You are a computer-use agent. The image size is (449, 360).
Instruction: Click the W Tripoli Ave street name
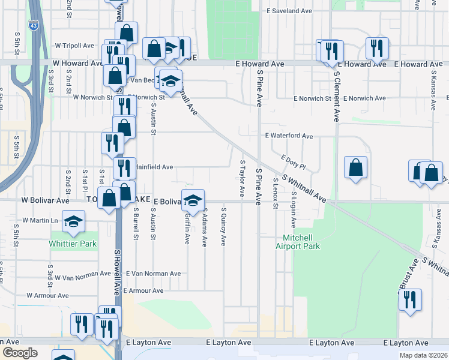pyautogui.click(x=74, y=46)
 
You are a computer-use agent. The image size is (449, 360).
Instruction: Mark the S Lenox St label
pyautogui.click(x=276, y=193)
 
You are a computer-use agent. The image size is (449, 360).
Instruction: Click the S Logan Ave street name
pyautogui.click(x=294, y=209)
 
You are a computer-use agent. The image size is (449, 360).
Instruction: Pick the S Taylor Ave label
pyautogui.click(x=243, y=178)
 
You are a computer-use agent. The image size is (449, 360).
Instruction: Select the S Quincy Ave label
pyautogui.click(x=223, y=227)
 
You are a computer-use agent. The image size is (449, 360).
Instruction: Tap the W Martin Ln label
pyautogui.click(x=40, y=221)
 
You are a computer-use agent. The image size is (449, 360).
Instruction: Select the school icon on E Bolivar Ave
pyautogui.click(x=193, y=200)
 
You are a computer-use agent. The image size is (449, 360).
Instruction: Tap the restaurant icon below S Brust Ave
pyautogui.click(x=410, y=299)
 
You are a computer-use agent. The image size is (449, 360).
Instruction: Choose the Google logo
pyautogui.click(x=19, y=353)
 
